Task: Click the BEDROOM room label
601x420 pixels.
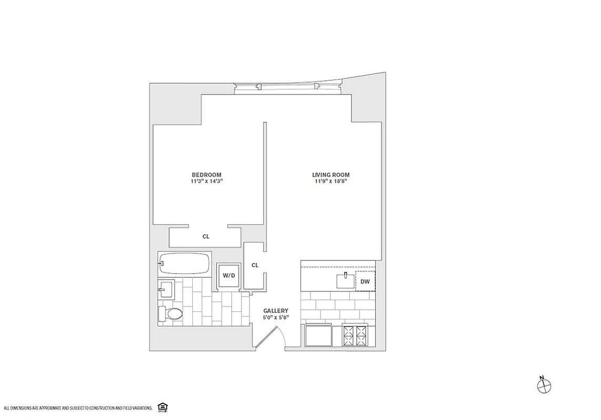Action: point(206,175)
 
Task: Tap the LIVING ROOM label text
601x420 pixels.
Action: point(330,175)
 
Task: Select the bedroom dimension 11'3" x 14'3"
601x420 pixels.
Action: point(206,182)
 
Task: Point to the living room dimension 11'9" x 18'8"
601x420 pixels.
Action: point(330,182)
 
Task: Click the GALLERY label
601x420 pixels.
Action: point(276,311)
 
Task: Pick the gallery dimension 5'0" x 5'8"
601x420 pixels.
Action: point(276,318)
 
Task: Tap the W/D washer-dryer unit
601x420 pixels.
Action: point(229,275)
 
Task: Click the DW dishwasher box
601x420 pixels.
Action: point(366,281)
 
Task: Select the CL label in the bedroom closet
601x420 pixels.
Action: point(206,237)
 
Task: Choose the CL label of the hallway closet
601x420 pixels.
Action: point(255,265)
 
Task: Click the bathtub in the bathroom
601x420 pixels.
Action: point(184,262)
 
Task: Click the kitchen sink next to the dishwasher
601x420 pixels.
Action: point(346,281)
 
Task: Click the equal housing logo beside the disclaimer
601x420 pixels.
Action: point(161,407)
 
